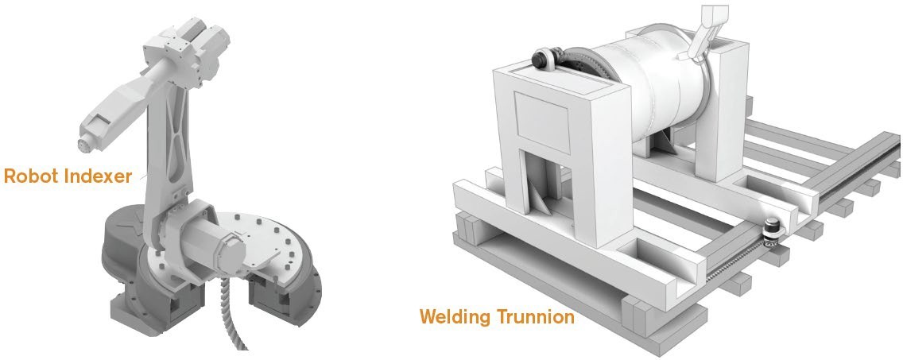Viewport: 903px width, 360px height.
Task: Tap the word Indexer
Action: [x=98, y=176]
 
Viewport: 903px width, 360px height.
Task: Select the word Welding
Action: [x=455, y=317]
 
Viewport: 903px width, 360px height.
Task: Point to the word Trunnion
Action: [x=536, y=317]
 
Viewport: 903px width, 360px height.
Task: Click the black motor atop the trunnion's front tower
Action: [x=544, y=57]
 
